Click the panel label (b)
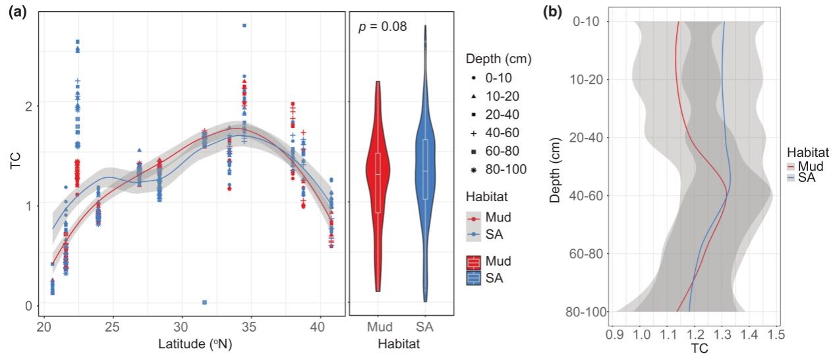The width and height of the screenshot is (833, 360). pyautogui.click(x=552, y=12)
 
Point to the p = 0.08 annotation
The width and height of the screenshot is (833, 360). pyautogui.click(x=382, y=27)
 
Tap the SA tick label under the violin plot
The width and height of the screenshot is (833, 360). pyautogui.click(x=425, y=327)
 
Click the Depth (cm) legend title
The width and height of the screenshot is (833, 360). pyautogui.click(x=498, y=59)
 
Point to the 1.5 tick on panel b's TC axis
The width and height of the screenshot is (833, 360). pyautogui.click(x=776, y=335)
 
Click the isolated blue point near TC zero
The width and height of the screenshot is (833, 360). pyautogui.click(x=205, y=302)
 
